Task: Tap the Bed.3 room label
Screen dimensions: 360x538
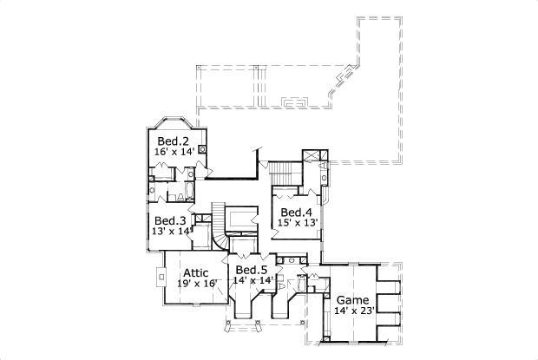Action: click(170, 220)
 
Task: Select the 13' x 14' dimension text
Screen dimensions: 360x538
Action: click(171, 231)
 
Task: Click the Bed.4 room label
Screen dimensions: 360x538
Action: click(296, 213)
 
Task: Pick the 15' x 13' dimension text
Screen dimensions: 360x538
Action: click(298, 223)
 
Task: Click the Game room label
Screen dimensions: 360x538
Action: click(352, 300)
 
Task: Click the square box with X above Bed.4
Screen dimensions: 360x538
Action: click(310, 158)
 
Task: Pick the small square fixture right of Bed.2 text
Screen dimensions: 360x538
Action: click(202, 149)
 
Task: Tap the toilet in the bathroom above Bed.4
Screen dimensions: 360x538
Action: click(323, 177)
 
